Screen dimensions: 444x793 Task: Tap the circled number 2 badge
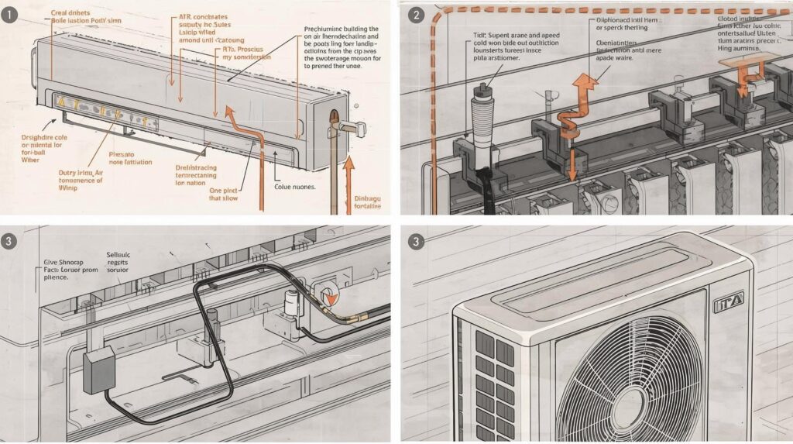point(416,15)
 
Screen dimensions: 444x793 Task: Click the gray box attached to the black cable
point(98,370)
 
